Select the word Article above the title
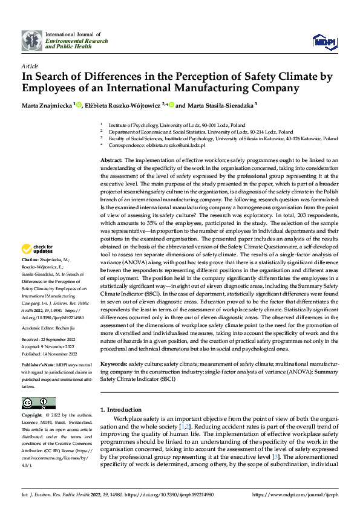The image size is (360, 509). pos(29,65)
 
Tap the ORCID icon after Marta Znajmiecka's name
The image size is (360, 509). pos(79,105)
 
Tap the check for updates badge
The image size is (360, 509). pos(38,248)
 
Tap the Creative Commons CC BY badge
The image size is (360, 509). pos(38,403)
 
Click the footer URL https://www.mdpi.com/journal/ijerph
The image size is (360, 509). pos(303,494)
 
